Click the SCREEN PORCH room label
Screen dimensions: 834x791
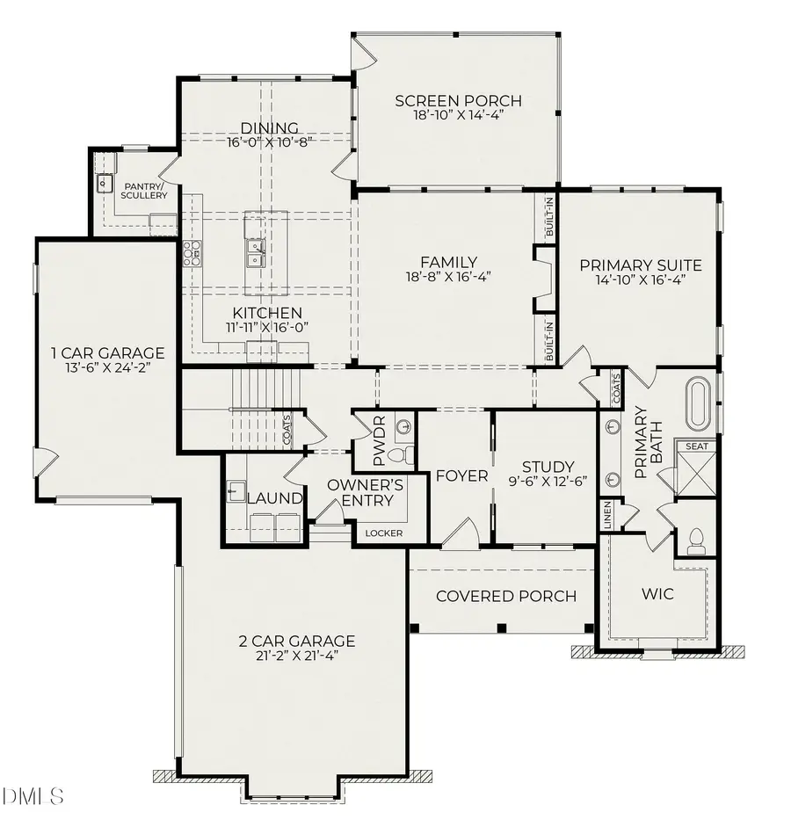[x=458, y=100]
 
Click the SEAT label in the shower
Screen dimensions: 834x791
[x=697, y=446]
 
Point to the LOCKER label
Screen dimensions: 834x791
[x=383, y=533]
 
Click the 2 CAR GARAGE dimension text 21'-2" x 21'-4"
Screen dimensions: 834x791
[x=296, y=656]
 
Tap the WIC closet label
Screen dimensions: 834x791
[x=657, y=594]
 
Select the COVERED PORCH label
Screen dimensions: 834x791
[x=506, y=597]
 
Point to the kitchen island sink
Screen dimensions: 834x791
[x=257, y=255]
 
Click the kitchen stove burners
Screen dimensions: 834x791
[x=191, y=253]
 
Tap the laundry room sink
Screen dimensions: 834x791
[x=236, y=491]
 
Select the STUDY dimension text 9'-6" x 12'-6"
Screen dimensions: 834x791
[x=548, y=481]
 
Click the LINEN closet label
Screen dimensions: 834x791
[x=607, y=515]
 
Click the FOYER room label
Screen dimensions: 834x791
[x=461, y=475]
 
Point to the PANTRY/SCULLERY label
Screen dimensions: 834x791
[x=145, y=191]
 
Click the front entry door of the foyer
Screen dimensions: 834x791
[x=459, y=533]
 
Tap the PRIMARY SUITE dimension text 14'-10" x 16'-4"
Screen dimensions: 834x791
[x=639, y=279]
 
